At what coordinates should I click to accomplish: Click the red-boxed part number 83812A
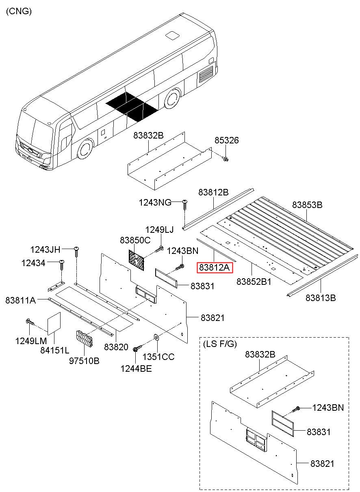215,268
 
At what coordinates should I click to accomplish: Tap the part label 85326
227,141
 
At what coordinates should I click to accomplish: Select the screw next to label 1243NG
185,204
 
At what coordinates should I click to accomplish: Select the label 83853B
307,205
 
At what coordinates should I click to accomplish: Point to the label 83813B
321,298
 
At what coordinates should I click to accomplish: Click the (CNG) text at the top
19,11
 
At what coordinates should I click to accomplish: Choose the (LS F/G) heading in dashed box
219,344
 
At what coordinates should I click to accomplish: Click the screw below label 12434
62,264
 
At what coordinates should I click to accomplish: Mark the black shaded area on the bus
132,106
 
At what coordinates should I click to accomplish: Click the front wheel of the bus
85,149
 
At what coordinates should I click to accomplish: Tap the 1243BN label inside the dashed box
327,407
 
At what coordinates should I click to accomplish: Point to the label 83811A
21,301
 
